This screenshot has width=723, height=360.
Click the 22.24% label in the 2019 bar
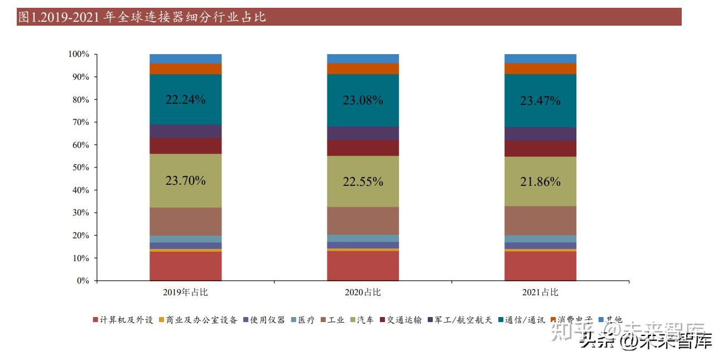pyautogui.click(x=185, y=100)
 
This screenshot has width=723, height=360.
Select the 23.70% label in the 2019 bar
pyautogui.click(x=185, y=181)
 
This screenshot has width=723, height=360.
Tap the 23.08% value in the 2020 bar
pyautogui.click(x=363, y=100)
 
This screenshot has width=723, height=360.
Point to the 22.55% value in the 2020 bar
pyautogui.click(x=363, y=182)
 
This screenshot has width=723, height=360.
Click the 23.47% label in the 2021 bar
pyautogui.click(x=540, y=101)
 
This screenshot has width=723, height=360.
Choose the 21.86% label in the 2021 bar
pyautogui.click(x=540, y=182)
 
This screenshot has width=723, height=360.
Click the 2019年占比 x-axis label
pyautogui.click(x=185, y=292)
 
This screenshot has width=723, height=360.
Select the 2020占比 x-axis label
pyautogui.click(x=363, y=292)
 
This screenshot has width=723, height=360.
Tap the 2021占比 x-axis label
pyautogui.click(x=540, y=292)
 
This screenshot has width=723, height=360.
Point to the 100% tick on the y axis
pyautogui.click(x=79, y=54)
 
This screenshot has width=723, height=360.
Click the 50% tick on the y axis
pyautogui.click(x=80, y=167)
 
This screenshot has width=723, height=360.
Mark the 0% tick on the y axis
pyautogui.click(x=83, y=281)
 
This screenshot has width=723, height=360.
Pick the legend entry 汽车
pyautogui.click(x=365, y=320)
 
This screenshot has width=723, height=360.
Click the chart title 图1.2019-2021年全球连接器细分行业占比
pyautogui.click(x=142, y=17)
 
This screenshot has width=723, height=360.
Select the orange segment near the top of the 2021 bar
pyautogui.click(x=540, y=69)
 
